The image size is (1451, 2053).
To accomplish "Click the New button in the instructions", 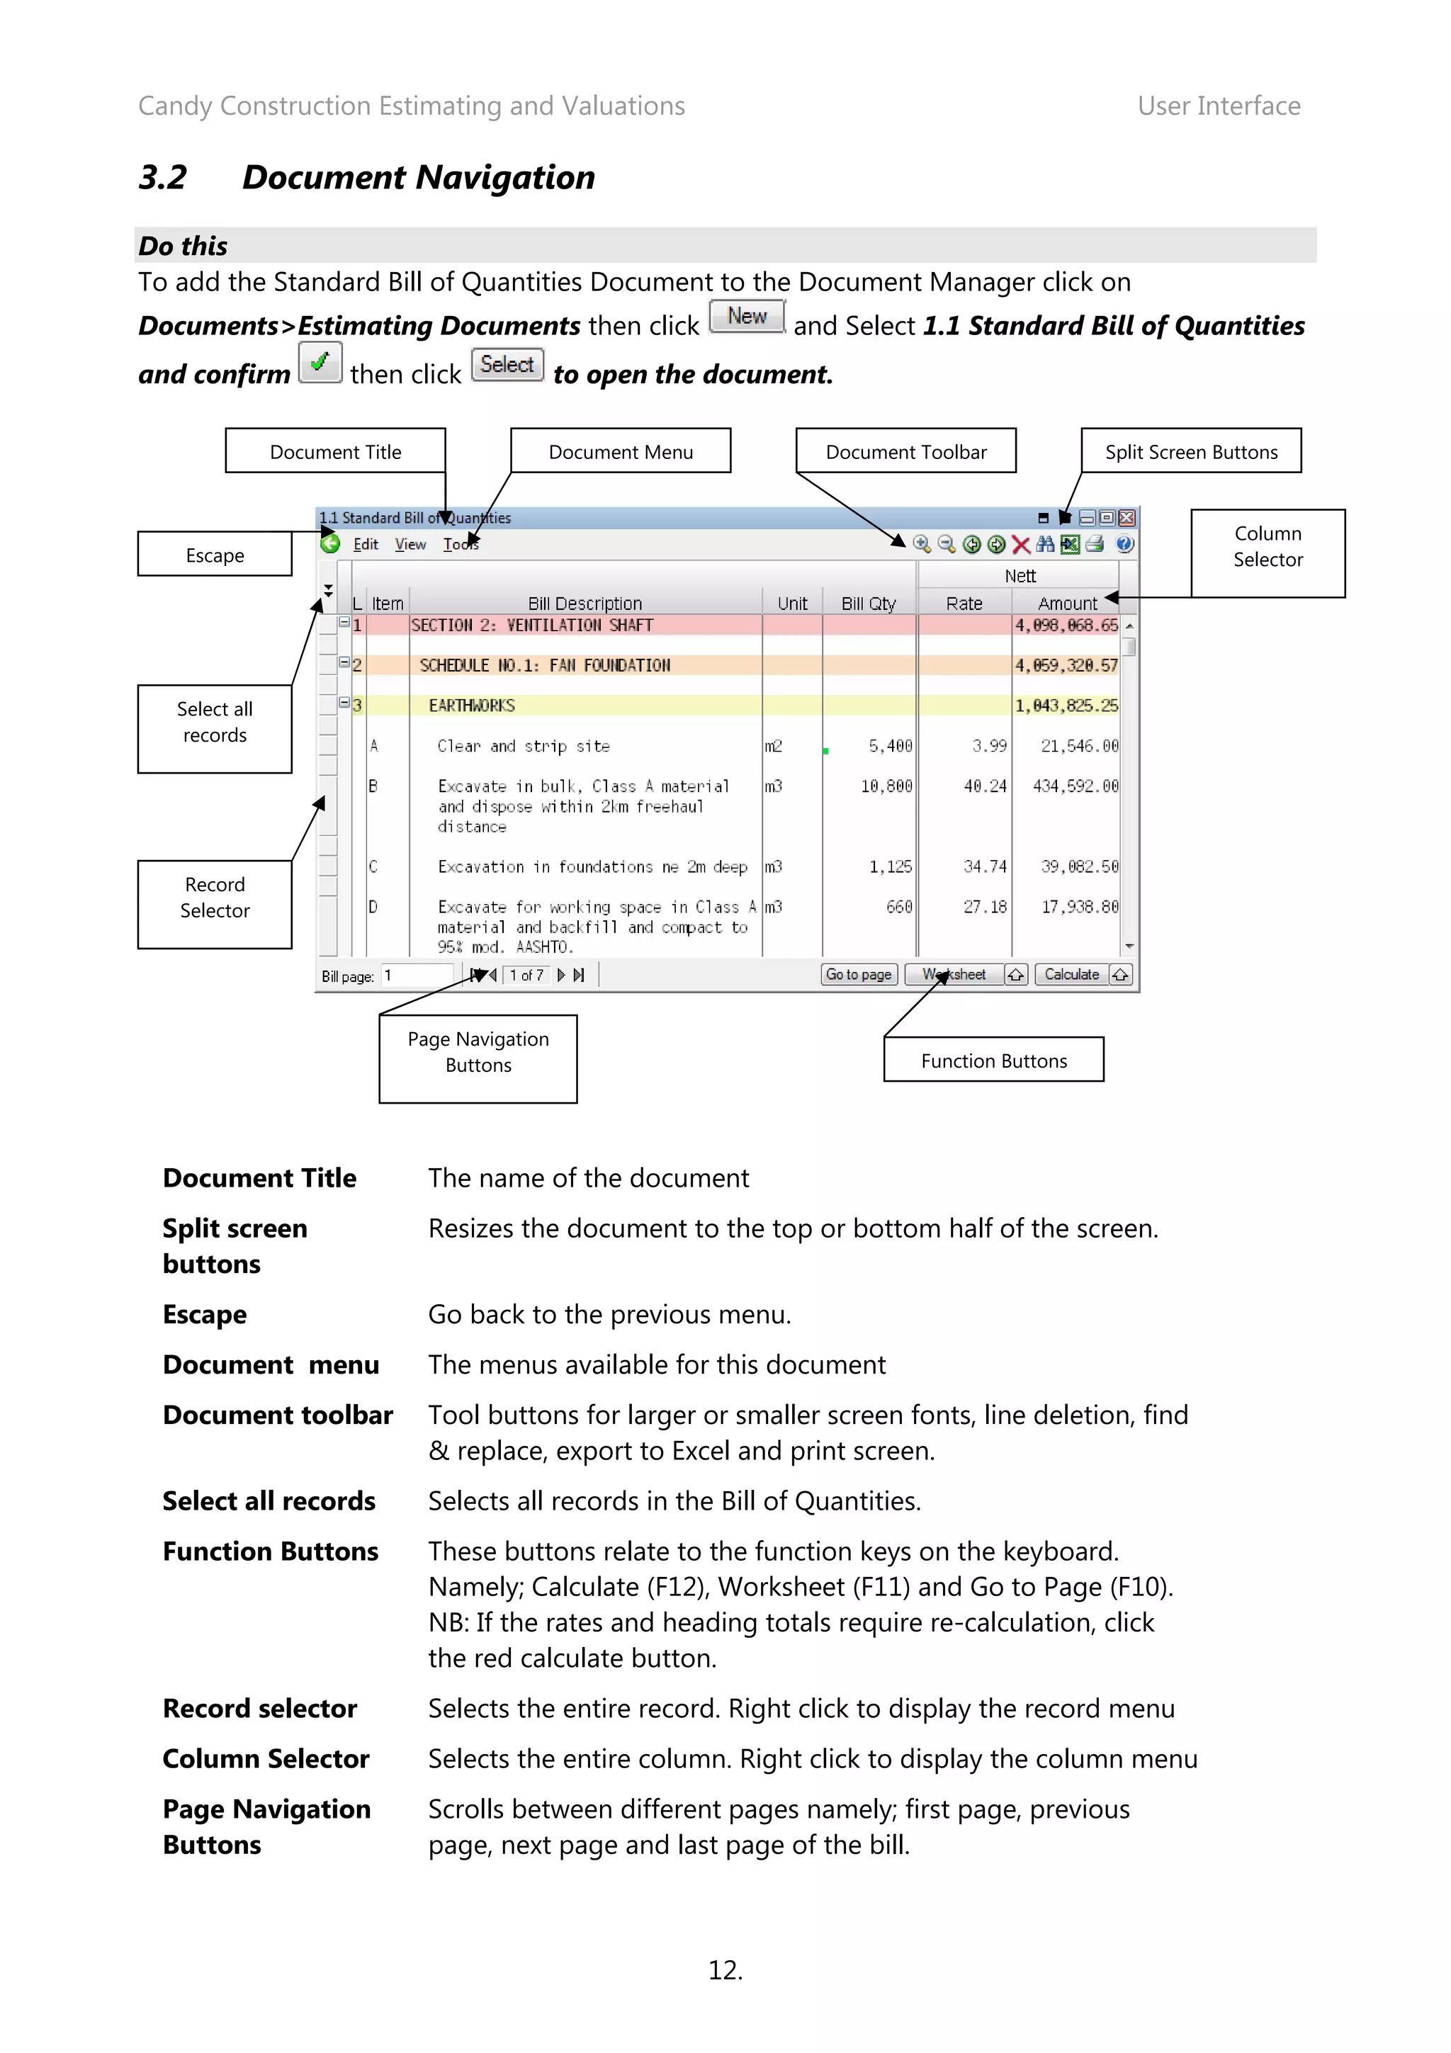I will (747, 317).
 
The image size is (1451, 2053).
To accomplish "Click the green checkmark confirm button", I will (319, 363).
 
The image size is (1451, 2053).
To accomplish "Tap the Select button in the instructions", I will (507, 365).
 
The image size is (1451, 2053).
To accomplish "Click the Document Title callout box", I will (335, 451).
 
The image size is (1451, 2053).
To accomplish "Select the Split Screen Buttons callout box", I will (1190, 451).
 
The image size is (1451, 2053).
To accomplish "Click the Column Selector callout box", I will (1267, 546).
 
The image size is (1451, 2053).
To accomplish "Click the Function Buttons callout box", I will (993, 1061).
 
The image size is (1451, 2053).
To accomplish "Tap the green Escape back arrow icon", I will (330, 543).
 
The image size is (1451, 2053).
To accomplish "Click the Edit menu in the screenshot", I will (366, 545).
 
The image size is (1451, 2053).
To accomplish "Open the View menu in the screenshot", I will (410, 545).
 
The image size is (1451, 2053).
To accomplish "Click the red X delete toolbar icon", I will (1020, 545).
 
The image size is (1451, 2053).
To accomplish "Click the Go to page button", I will (857, 975).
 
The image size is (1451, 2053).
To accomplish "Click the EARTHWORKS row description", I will (471, 706).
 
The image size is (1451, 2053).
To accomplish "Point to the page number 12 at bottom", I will (724, 1970).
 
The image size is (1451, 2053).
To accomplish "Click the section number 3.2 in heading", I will (163, 178).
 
